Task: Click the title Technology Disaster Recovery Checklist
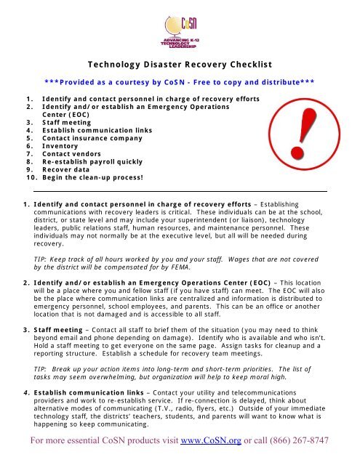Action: pos(180,63)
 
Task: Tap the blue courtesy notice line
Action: pos(179,82)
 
